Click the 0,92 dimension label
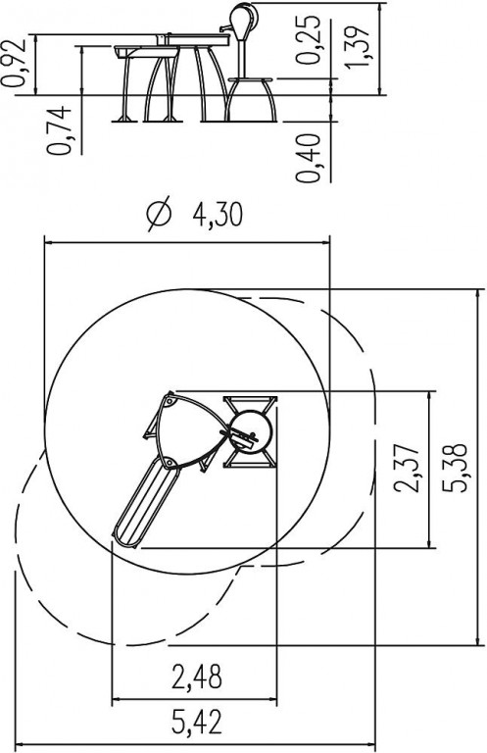click(13, 63)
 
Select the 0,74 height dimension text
click(60, 130)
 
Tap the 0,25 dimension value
click(308, 40)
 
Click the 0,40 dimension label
click(308, 158)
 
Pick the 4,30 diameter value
click(218, 214)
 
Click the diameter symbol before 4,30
click(159, 214)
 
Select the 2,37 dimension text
click(407, 469)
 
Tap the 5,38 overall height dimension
click(454, 468)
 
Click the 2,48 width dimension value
click(197, 678)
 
